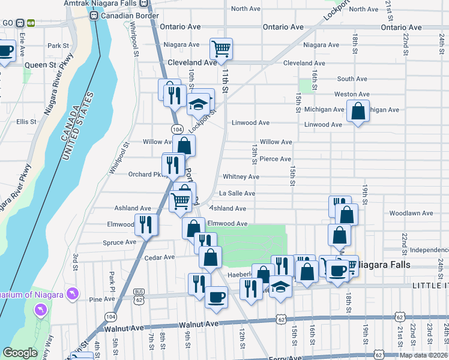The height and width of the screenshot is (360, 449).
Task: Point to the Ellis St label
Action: click(26, 121)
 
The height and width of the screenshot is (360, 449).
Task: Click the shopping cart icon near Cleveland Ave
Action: click(221, 49)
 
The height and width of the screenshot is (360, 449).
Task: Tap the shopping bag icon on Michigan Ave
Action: click(358, 111)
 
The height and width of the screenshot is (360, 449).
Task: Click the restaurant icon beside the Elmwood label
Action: click(146, 224)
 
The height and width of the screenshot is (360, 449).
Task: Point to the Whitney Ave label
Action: click(241, 177)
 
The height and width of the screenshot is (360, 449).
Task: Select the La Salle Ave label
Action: click(237, 193)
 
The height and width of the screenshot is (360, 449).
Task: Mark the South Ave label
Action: click(352, 79)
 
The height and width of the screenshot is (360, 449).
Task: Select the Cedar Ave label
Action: click(159, 257)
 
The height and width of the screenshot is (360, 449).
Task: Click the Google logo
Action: click(20, 353)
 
